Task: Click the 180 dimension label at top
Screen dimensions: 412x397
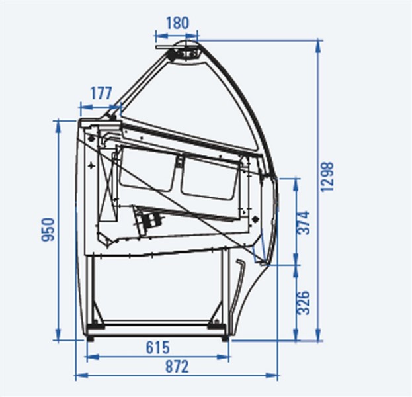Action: (178, 23)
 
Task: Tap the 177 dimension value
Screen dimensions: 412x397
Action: (101, 93)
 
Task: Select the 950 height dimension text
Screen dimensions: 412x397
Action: (48, 229)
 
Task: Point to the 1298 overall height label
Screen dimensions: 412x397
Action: (327, 177)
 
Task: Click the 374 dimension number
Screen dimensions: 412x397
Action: (304, 222)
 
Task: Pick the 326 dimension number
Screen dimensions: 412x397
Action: (304, 302)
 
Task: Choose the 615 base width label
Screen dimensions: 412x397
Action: (157, 347)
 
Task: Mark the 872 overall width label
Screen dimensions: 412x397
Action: (177, 367)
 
